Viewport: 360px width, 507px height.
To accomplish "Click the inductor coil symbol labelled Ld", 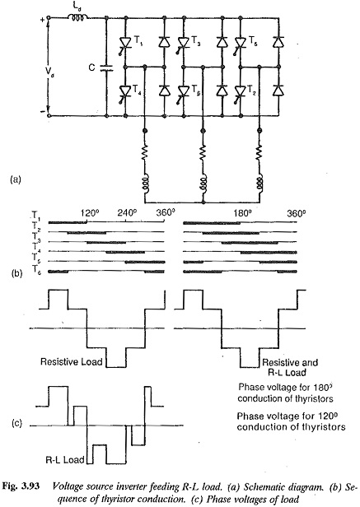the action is point(77,18).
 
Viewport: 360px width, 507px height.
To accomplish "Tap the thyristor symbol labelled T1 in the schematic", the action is point(125,43).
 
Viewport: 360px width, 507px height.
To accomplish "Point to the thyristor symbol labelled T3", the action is point(183,43).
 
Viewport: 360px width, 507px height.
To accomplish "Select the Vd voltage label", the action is point(49,73).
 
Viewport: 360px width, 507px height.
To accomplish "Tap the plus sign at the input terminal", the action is point(42,20).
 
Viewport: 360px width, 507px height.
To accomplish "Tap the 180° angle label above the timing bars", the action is point(243,214).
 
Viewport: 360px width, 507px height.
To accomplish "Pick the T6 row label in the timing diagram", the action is point(36,269).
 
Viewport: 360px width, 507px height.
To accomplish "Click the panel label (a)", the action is point(16,179).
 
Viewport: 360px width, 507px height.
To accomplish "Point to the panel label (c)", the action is point(16,423).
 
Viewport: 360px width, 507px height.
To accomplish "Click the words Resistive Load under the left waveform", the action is point(71,361).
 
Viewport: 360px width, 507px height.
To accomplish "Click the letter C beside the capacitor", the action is point(92,67).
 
